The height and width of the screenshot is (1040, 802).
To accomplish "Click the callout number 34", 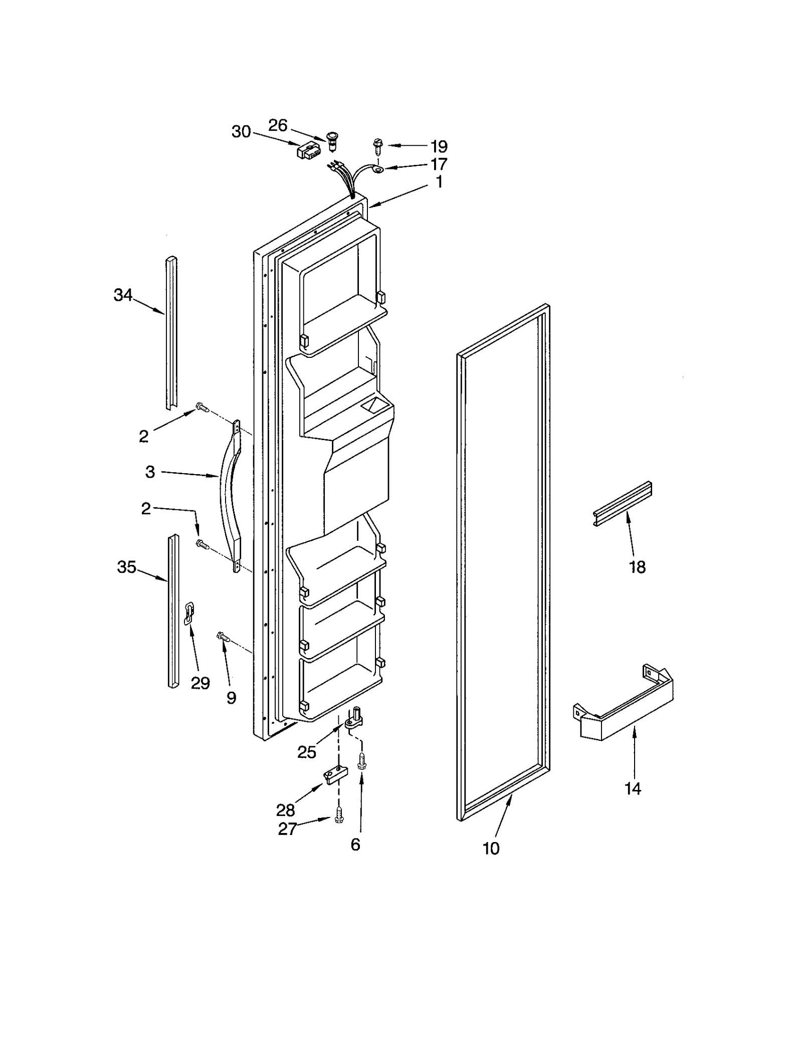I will click(123, 295).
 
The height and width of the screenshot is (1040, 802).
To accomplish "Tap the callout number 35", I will click(126, 567).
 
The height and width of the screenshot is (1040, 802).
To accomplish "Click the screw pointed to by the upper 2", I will click(202, 407).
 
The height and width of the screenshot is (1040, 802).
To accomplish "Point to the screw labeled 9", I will click(223, 637).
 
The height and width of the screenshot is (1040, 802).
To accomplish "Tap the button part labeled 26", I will click(331, 141).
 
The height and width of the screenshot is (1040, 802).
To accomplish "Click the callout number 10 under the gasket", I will click(491, 849).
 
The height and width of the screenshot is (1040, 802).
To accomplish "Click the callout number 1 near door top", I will click(439, 182).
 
